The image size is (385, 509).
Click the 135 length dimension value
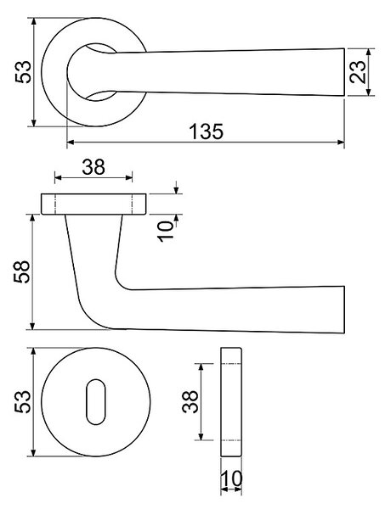207,131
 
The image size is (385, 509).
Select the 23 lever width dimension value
358,72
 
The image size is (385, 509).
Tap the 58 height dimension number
22,271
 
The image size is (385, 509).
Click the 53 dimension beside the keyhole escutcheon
22,401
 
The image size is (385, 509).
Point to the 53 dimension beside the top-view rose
23,72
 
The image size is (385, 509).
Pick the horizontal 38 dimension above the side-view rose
93,167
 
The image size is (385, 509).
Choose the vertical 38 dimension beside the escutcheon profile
190,401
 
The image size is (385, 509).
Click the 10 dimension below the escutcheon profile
231,478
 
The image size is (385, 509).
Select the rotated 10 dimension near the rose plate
166,231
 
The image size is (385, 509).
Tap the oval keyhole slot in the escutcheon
96,401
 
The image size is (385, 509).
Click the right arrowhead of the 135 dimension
341,143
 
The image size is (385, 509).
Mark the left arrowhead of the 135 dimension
71,143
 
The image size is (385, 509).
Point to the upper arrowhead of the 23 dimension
368,53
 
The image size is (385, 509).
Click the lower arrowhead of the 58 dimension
32,326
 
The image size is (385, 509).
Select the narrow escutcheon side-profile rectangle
231,402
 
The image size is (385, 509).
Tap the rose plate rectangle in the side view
93,204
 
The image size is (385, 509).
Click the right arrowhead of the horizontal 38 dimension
129,177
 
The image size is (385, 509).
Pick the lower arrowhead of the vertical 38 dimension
201,436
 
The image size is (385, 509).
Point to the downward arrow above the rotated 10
176,188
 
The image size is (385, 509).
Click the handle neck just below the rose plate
94,227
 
